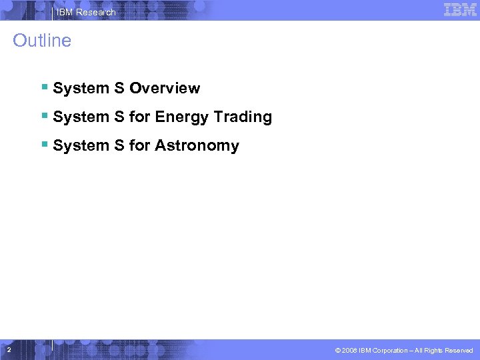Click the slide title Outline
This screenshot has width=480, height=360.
click(42, 41)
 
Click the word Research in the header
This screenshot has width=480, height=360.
click(96, 12)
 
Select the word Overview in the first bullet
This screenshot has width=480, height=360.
click(165, 88)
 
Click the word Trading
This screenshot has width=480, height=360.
click(243, 117)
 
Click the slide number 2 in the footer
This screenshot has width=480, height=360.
click(8, 350)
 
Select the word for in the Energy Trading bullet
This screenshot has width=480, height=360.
click(139, 117)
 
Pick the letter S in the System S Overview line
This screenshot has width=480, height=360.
click(119, 88)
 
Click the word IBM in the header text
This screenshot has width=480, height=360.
click(65, 12)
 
